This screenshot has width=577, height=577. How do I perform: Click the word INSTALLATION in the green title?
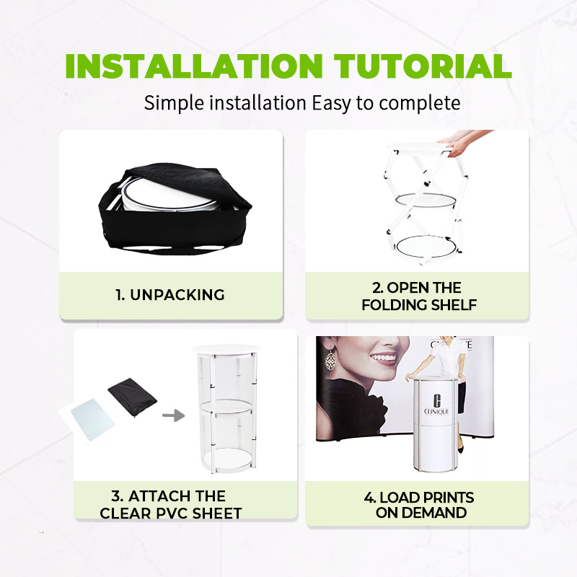tap(194, 66)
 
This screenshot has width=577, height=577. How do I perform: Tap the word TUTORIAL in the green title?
tap(423, 66)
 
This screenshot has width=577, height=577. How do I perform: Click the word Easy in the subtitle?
tap(331, 103)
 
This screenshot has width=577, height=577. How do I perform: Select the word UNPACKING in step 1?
tap(177, 295)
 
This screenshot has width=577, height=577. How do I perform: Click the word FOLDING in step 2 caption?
tap(393, 304)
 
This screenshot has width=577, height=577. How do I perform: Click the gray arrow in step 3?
tap(173, 416)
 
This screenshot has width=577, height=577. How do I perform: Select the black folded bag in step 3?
tap(133, 398)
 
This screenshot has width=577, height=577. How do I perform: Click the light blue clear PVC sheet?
tap(93, 420)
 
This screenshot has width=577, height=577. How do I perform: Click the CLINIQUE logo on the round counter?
tap(436, 405)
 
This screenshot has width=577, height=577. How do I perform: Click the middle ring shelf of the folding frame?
tap(426, 200)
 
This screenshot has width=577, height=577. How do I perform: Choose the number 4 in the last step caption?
tap(369, 498)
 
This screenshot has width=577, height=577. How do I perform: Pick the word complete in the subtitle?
tap(420, 103)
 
